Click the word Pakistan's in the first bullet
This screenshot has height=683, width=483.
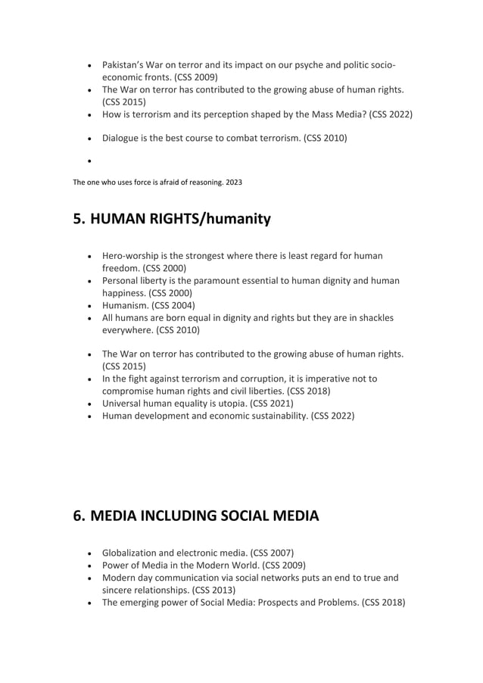click(x=125, y=65)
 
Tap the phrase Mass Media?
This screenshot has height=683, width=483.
click(x=340, y=114)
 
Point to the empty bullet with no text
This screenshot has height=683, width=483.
click(x=90, y=161)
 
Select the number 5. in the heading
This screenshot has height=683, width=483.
click(x=79, y=220)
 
